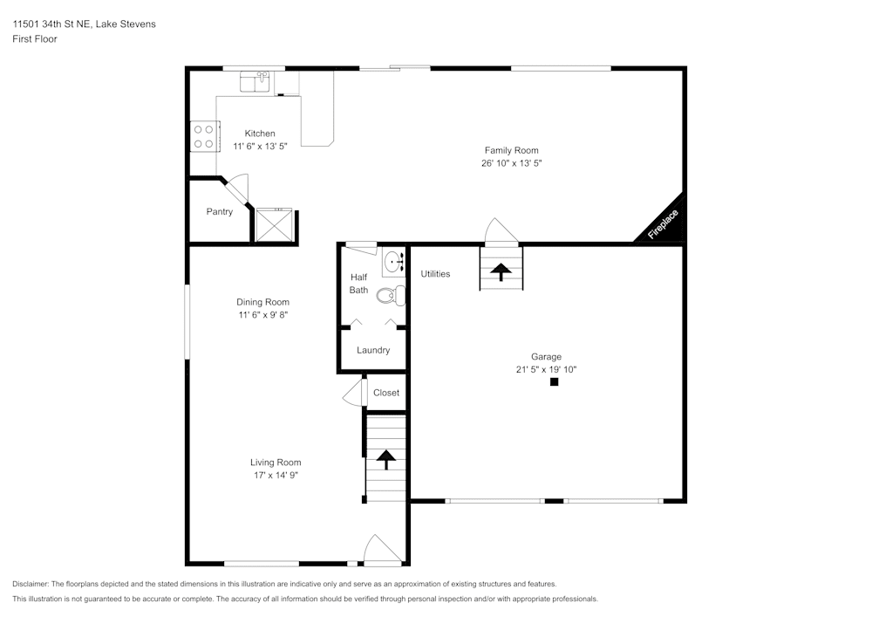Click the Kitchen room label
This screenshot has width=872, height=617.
point(260,134)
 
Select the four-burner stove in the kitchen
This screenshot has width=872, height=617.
point(203,136)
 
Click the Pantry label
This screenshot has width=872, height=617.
point(219,212)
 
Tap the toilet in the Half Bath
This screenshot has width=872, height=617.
point(392,296)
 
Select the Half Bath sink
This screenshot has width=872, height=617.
point(394,261)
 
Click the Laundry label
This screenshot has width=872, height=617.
point(372,350)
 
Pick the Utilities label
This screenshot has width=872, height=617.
point(435,274)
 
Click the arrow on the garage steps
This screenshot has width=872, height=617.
point(501,271)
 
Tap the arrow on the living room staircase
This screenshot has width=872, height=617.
point(385,458)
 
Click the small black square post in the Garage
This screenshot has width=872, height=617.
point(553,382)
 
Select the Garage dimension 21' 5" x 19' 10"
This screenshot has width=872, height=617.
point(546,369)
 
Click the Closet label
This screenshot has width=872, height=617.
point(385,393)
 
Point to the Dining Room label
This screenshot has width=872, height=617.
point(262,302)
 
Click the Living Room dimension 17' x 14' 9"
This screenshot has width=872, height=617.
point(276,476)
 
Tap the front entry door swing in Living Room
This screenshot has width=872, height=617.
point(381,550)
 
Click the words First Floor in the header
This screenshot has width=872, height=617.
point(35,39)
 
